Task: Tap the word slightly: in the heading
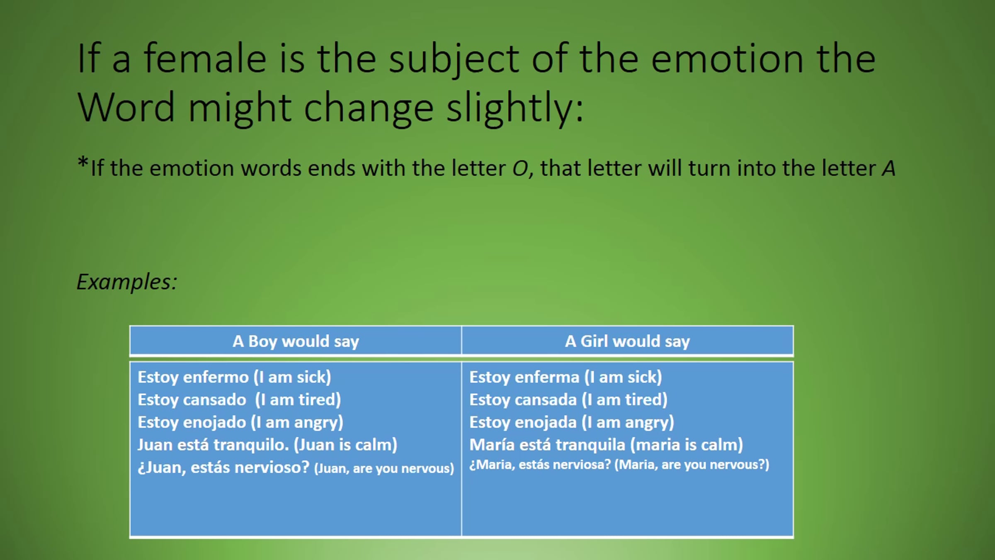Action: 514,107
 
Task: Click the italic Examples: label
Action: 127,282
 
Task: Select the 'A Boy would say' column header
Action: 296,341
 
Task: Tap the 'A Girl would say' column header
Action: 627,341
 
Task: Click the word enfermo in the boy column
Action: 216,377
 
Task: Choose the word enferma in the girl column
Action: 547,377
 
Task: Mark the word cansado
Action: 215,400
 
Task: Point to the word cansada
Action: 546,400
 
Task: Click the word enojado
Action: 215,422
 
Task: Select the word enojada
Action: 546,422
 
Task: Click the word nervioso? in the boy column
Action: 272,467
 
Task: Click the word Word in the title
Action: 126,107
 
